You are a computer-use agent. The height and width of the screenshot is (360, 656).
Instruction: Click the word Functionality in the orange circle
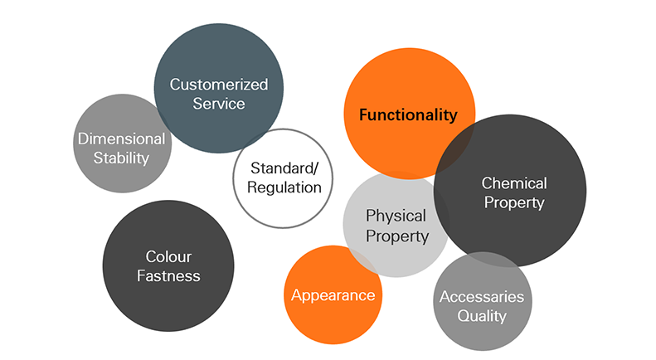[408, 115]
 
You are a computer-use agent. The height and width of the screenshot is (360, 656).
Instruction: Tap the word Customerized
[219, 85]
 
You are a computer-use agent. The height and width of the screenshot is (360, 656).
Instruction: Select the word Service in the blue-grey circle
[219, 104]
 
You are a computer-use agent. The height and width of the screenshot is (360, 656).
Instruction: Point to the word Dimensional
[122, 139]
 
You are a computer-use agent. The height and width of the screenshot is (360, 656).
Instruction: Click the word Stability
[121, 158]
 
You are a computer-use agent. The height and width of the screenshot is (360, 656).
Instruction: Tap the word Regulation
[284, 187]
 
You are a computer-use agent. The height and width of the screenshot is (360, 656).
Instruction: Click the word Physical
[396, 216]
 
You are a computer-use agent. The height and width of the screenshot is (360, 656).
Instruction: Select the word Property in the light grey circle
[397, 236]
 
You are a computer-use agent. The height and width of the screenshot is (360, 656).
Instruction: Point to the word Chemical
[514, 182]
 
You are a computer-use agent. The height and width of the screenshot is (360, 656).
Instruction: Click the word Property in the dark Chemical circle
[513, 202]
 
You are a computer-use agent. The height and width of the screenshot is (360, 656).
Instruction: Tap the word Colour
[168, 256]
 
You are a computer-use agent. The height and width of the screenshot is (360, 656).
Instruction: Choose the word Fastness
[168, 275]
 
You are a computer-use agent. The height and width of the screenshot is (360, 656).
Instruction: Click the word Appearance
[333, 295]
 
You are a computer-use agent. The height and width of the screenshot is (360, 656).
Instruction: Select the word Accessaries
[482, 297]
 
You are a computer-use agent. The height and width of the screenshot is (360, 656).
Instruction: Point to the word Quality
[482, 316]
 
